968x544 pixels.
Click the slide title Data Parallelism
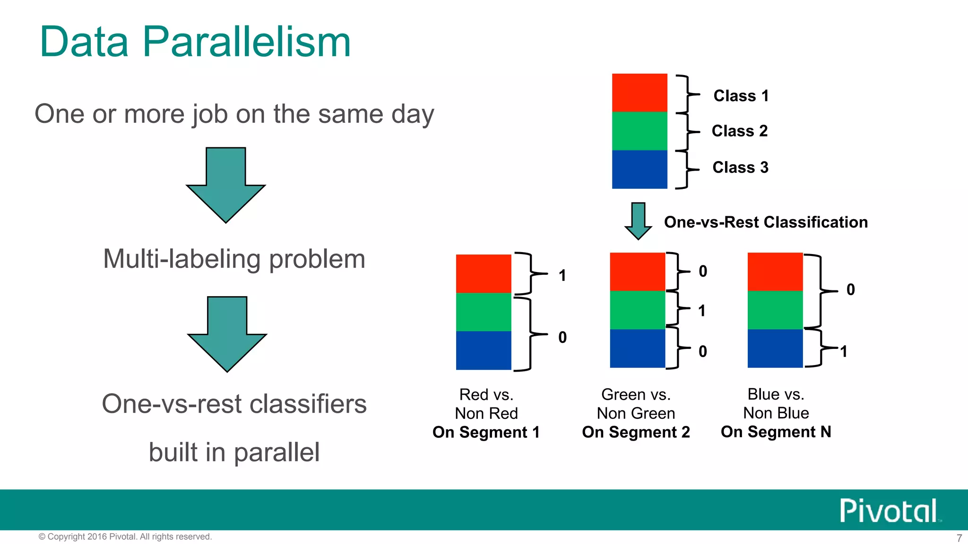pyautogui.click(x=195, y=42)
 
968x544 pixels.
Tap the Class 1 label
pyautogui.click(x=741, y=96)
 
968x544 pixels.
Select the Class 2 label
pyautogui.click(x=739, y=131)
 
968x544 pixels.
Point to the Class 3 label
pyautogui.click(x=740, y=167)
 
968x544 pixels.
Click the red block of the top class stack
pyautogui.click(x=639, y=93)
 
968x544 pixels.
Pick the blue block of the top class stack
pyautogui.click(x=639, y=169)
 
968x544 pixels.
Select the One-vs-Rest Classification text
pyautogui.click(x=766, y=222)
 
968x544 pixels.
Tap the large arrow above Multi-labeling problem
pyautogui.click(x=226, y=185)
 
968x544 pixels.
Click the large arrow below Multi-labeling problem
pyautogui.click(x=227, y=334)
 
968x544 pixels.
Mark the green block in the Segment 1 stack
pyautogui.click(x=483, y=312)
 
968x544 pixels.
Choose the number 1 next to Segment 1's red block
pyautogui.click(x=562, y=275)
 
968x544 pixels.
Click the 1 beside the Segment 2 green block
pyautogui.click(x=702, y=311)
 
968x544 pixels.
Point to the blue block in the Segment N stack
pyautogui.click(x=775, y=348)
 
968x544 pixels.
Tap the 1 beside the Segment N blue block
pyautogui.click(x=844, y=351)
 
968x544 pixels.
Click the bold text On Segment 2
pyautogui.click(x=636, y=432)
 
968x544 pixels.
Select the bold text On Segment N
pyautogui.click(x=776, y=432)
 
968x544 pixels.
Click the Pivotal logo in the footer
pyautogui.click(x=889, y=510)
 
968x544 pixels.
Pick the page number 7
pyautogui.click(x=959, y=538)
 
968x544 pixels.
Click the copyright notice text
pyautogui.click(x=125, y=536)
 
